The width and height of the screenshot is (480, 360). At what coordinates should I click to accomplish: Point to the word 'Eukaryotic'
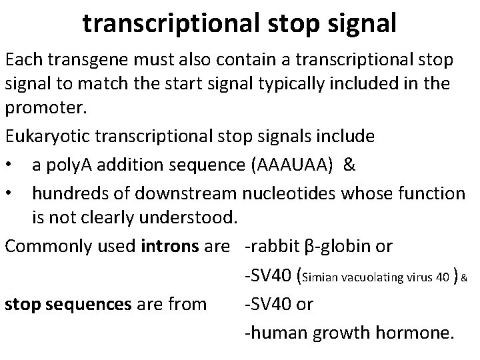[x=49, y=137]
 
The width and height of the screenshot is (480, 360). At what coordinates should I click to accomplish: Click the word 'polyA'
[x=78, y=165]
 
